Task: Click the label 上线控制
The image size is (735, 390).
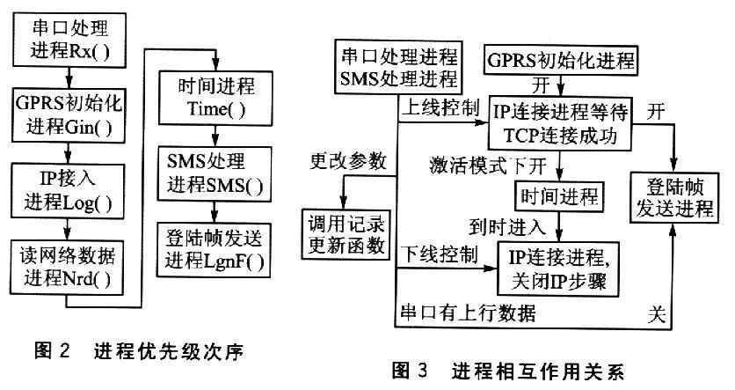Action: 440,110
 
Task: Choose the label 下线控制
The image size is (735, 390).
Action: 440,255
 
